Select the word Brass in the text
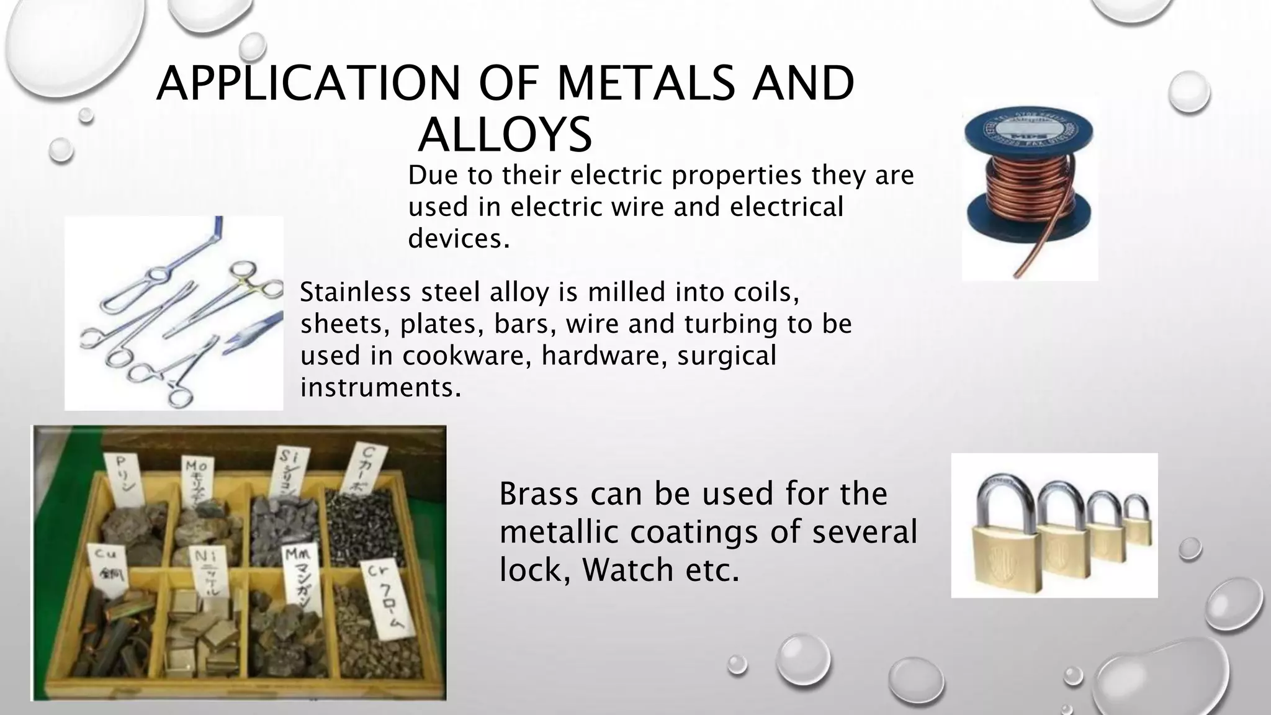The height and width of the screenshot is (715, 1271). tap(539, 494)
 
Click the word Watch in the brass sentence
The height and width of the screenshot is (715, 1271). tap(627, 570)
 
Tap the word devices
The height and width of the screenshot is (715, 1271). tap(459, 238)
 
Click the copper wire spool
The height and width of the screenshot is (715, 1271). tap(1029, 186)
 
